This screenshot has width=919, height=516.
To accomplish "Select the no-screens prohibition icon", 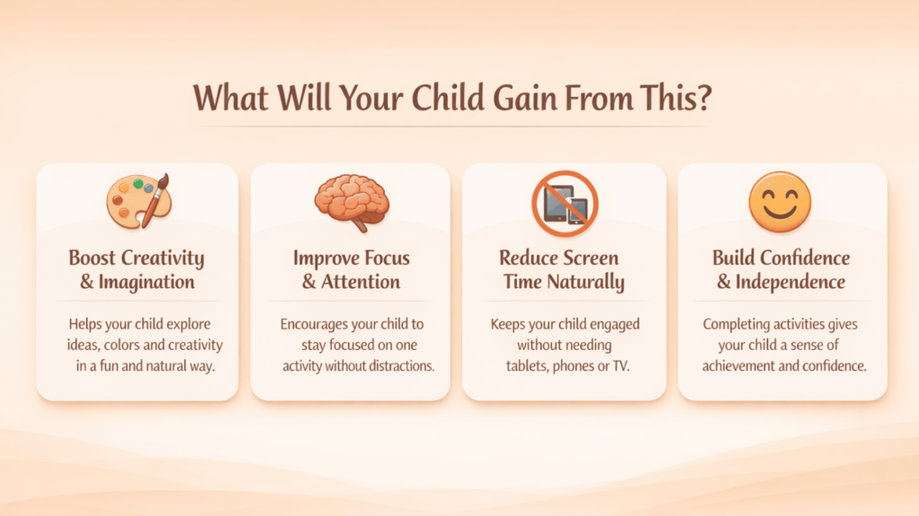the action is [565, 204].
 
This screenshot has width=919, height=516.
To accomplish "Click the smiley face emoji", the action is [780, 202].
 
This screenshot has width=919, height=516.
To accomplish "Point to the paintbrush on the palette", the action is [155, 200].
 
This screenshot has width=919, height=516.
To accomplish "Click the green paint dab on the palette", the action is [137, 184].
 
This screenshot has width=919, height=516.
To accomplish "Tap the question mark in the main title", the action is [703, 98].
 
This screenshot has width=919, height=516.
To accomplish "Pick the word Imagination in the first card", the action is [146, 282].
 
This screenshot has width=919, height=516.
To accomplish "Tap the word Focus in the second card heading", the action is [385, 258].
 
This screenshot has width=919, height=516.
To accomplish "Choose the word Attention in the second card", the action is [361, 282].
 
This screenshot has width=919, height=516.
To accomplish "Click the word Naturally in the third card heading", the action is [585, 282].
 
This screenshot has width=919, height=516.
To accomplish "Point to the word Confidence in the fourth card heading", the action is [805, 258].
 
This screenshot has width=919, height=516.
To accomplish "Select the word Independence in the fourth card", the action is [790, 282].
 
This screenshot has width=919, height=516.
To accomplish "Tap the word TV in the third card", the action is [621, 366].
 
